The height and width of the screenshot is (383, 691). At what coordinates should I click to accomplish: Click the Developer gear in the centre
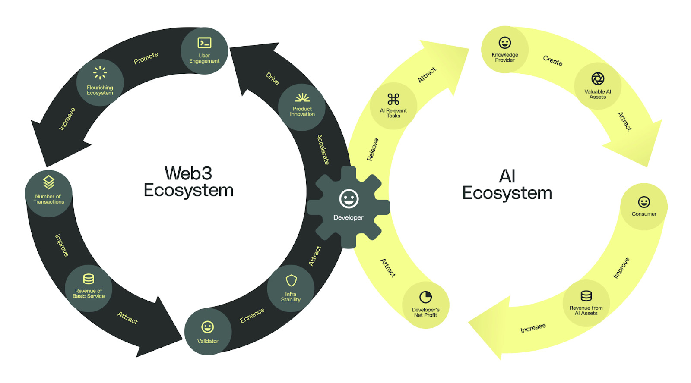coord(349,207)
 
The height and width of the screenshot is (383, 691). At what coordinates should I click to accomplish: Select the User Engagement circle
coord(204,51)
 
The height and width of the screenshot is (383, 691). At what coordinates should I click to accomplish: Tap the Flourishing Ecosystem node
coord(100,82)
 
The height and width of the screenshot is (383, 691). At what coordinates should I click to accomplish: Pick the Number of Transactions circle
coord(49,193)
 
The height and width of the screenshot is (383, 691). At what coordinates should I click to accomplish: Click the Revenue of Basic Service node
coord(89,288)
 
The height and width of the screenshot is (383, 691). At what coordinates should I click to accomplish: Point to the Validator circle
coord(208,332)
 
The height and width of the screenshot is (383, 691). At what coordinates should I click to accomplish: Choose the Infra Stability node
coord(291,288)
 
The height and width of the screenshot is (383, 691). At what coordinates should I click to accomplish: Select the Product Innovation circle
coord(302,107)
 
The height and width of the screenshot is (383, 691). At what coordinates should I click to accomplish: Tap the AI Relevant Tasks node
coord(393,106)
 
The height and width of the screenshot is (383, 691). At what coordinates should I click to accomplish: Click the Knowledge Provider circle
coord(505,50)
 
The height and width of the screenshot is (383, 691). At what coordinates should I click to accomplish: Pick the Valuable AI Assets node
coord(598,87)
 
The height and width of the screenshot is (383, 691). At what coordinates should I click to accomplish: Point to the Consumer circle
coord(644,207)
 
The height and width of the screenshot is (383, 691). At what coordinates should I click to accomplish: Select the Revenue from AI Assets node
coord(586,303)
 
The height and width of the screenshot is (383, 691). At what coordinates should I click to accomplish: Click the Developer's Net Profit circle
coord(425,305)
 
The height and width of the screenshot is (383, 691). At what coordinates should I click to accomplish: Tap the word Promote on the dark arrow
coord(146,58)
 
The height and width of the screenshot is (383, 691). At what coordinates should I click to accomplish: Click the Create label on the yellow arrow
coord(553,60)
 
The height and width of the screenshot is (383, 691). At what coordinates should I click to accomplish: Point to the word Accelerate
coord(323,149)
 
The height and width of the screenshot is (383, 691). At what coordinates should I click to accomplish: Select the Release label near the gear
coord(373,150)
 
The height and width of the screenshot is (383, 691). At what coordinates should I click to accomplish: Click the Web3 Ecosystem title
coord(189,182)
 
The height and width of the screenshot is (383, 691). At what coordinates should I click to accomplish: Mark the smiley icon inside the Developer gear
coord(349,199)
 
